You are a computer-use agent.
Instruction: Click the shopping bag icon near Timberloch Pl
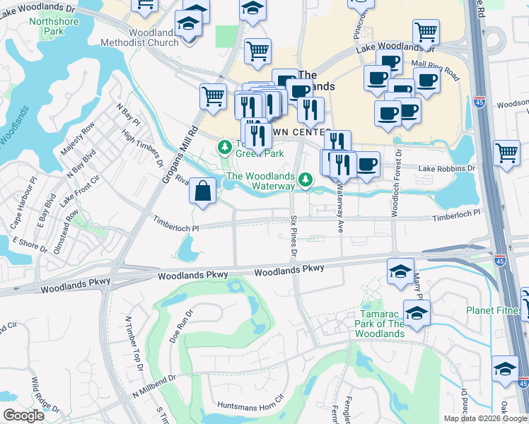click(x=203, y=192)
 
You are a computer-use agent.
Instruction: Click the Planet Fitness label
click(x=494, y=310)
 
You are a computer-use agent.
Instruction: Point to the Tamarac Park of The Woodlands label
click(x=380, y=324)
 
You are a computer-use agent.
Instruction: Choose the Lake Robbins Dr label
click(x=446, y=169)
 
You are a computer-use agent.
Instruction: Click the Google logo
click(x=23, y=416)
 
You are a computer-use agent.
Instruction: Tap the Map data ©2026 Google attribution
click(x=486, y=418)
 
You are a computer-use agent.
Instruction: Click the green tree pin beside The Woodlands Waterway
click(x=306, y=181)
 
